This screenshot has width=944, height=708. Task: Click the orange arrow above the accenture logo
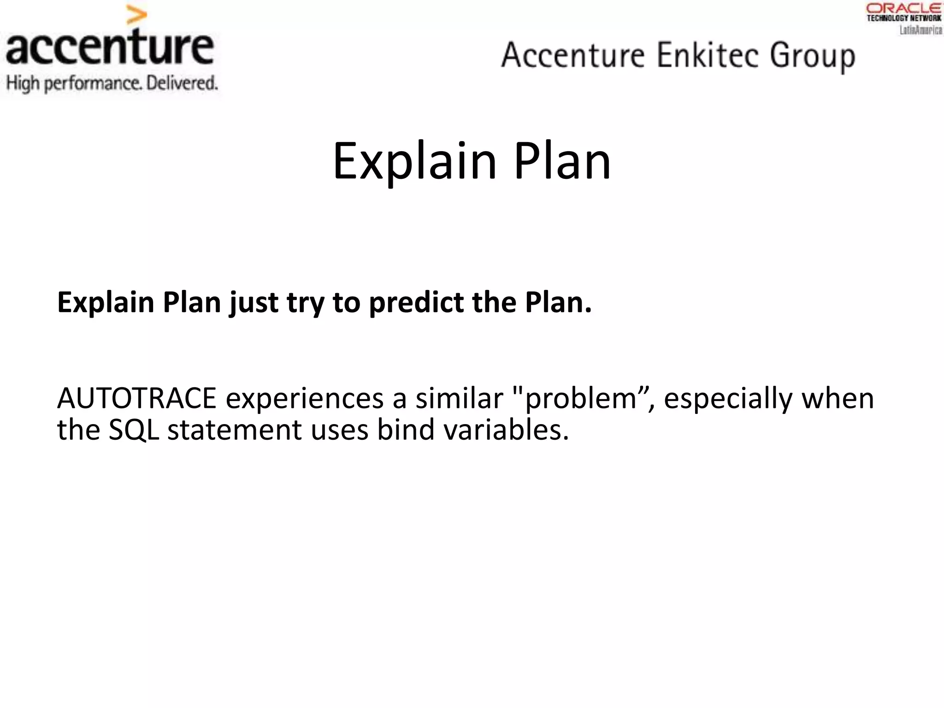[137, 16]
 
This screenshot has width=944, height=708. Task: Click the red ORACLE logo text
[904, 8]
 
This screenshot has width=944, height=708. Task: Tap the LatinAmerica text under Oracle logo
[921, 30]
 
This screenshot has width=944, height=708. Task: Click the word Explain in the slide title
[414, 161]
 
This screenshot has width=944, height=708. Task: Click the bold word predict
[417, 303]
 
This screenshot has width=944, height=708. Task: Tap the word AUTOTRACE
[137, 398]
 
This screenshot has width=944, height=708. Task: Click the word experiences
[304, 398]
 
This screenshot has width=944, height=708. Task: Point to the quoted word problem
[580, 398]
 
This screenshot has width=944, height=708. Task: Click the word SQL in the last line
[134, 430]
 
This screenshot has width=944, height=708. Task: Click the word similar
[459, 398]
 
